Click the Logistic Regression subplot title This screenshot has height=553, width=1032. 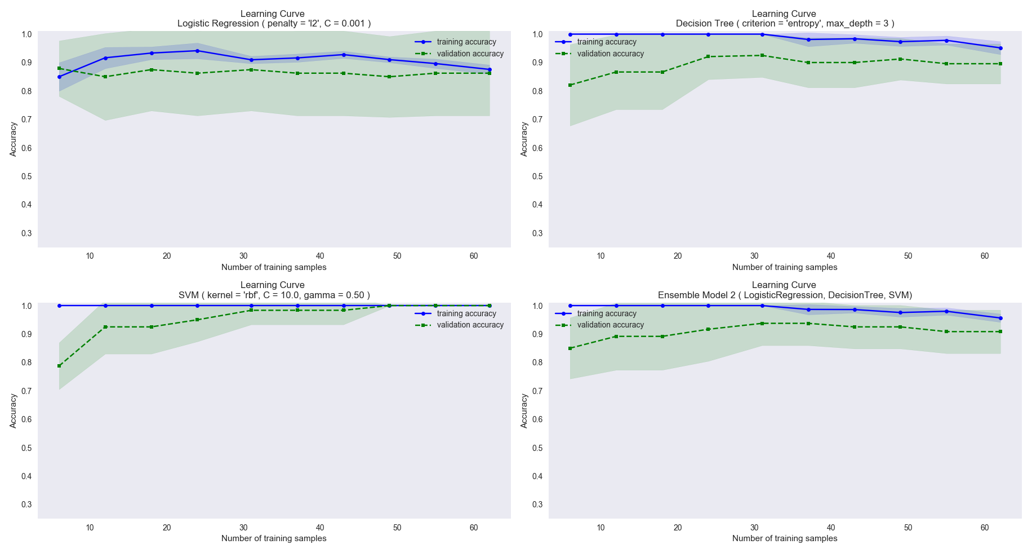click(x=274, y=24)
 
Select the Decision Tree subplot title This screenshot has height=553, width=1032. click(x=785, y=24)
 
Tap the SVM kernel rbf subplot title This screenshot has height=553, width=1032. click(x=274, y=295)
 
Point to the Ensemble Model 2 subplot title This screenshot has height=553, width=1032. click(x=785, y=295)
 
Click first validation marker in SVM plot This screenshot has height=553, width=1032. click(x=59, y=366)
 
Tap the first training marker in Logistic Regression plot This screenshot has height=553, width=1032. click(x=59, y=77)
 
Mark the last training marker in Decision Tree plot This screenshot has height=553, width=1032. click(x=1000, y=48)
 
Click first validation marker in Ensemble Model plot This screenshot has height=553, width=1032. click(x=570, y=348)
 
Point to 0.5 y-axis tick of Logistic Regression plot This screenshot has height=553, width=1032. click(x=26, y=176)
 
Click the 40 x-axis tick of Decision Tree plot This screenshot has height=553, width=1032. click(x=831, y=256)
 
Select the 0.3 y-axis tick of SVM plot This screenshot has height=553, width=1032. click(x=26, y=505)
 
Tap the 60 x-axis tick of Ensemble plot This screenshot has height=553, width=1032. click(x=985, y=528)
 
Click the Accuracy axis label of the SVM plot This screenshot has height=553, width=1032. click(x=14, y=411)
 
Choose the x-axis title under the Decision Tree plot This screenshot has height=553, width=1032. click(x=785, y=267)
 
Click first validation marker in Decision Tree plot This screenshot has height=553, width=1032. click(x=570, y=85)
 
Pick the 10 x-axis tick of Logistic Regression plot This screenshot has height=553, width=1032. click(x=90, y=256)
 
